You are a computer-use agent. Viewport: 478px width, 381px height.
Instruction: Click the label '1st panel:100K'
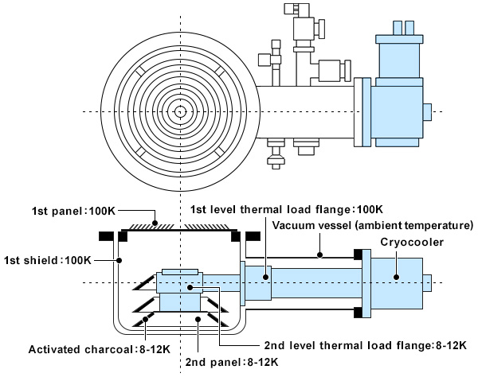73,211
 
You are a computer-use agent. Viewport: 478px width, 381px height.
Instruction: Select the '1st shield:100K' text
48,260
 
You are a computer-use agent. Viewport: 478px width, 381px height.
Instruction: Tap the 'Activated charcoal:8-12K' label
100,349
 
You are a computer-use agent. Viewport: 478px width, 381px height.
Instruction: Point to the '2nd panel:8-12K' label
232,362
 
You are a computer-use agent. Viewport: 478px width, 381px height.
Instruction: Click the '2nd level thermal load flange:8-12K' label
365,345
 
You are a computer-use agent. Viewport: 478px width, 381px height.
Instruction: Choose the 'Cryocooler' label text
412,242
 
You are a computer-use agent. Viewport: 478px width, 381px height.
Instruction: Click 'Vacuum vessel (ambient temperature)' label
373,225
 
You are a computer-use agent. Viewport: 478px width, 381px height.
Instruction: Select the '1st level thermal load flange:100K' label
287,209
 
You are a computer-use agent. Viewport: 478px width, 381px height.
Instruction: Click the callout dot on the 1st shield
119,260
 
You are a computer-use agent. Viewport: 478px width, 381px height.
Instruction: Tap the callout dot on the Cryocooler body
396,277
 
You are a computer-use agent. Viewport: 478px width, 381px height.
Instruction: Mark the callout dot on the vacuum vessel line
319,255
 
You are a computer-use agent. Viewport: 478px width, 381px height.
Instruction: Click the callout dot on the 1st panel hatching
155,223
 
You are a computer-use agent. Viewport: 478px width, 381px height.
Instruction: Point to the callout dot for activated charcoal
146,319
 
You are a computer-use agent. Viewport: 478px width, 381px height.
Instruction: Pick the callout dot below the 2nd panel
198,319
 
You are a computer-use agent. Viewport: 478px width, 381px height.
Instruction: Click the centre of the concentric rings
180,111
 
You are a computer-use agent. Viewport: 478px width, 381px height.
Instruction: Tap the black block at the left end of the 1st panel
123,237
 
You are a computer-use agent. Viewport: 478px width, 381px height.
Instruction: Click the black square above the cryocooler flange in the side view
358,255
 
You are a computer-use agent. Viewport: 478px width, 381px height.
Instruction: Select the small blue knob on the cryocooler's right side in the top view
427,112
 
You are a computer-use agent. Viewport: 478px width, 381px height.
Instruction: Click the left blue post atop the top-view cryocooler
398,28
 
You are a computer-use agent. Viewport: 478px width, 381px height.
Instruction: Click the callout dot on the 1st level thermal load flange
266,277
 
